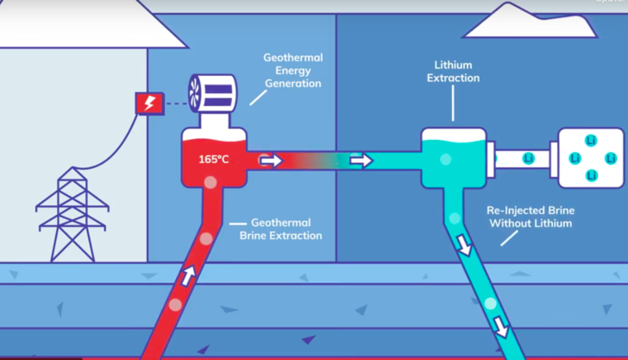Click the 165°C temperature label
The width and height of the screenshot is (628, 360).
(x=214, y=160)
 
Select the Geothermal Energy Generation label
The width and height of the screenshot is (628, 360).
(x=292, y=71)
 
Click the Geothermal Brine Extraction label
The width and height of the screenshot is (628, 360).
(x=280, y=229)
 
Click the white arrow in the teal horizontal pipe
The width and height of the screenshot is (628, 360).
(x=361, y=161)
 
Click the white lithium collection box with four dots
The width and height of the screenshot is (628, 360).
(x=591, y=157)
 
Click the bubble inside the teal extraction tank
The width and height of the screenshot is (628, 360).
(x=446, y=159)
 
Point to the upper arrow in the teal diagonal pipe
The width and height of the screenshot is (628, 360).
(x=466, y=245)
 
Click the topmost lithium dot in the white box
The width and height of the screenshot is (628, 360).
(x=591, y=140)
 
